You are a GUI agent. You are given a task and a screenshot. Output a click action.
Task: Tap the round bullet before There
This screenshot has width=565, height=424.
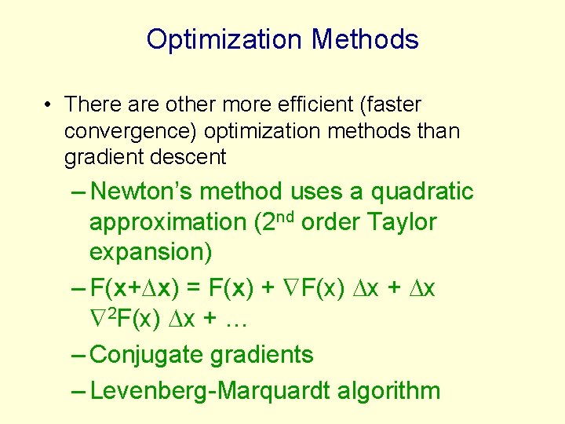click(x=49, y=104)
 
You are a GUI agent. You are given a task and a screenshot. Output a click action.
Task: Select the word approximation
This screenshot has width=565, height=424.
click(x=167, y=222)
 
